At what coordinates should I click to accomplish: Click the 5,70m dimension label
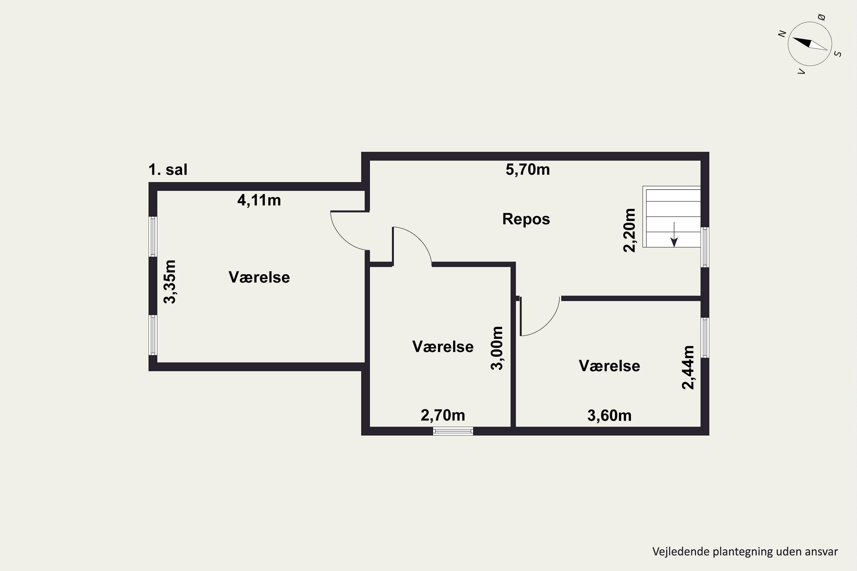pos(528,170)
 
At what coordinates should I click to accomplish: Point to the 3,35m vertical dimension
pos(170,282)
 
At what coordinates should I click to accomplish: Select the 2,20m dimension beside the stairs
pos(629,230)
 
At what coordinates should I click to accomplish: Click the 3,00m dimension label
pos(497,348)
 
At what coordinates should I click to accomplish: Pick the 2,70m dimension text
pos(443,415)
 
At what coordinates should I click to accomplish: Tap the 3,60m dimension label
pos(609,415)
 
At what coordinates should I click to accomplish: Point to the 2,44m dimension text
pos(688,367)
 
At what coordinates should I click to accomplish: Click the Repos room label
pos(526,219)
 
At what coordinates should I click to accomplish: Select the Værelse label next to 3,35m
pos(259,277)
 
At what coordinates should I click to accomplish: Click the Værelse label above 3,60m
pos(609,366)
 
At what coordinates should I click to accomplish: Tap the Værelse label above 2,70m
pos(443,347)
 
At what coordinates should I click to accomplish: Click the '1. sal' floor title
pos(168,170)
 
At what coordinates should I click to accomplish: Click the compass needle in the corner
pos(810,43)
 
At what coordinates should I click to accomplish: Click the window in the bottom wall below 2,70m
pos(453,431)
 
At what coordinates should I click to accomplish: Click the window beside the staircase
pos(705,247)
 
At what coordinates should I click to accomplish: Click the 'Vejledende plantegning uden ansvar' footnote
pos(745,551)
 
